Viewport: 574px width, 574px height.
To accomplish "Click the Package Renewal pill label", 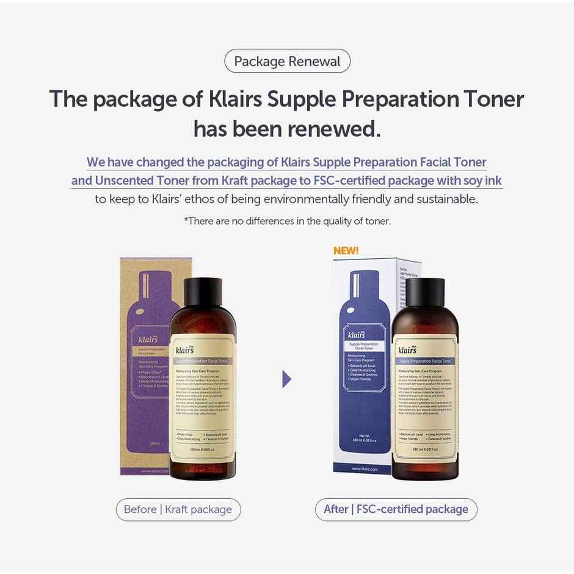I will [287, 61].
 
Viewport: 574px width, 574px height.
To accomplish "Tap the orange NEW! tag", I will [346, 250].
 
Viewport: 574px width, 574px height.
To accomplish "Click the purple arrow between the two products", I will [286, 379].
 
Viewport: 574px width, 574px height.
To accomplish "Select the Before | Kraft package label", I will [178, 509].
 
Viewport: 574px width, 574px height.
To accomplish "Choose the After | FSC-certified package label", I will [396, 509].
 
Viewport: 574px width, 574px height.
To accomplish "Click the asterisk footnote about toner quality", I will [287, 221].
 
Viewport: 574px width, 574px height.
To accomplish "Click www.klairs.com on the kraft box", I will [154, 471].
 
